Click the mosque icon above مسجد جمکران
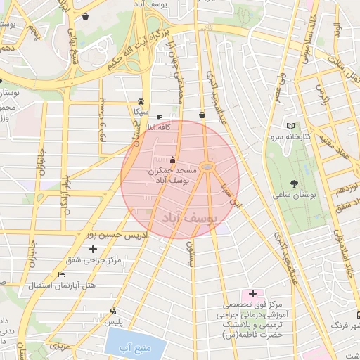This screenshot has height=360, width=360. coord(173,160)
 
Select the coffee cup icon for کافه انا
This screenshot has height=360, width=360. coord(158,117)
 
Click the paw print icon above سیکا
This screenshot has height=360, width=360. coord(141,101)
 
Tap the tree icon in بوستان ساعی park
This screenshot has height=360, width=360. coord(307,169)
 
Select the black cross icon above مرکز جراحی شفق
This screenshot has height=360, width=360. coord(93,250)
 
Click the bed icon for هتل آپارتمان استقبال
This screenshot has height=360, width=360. coord(62,275)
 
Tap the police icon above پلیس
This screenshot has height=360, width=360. coord(114,311)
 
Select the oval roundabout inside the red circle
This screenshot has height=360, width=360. coord(207,167)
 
